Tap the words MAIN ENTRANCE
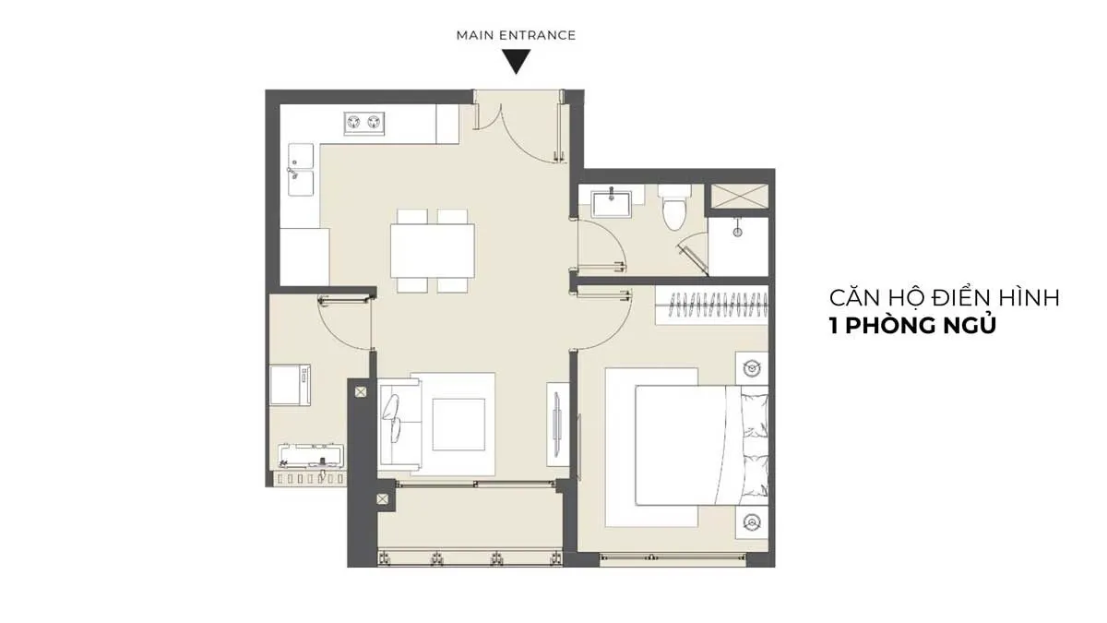516,36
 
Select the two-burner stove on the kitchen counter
364,123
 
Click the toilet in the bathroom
674,209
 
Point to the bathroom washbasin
612,203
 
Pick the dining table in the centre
433,251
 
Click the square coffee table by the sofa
458,425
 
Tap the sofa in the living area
399,425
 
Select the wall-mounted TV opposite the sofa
557,425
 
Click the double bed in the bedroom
701,446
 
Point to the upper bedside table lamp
752,368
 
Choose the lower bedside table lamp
752,522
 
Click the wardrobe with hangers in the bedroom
711,305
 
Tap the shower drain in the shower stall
737,232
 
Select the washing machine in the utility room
290,385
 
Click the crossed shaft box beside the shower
739,197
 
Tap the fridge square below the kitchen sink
304,257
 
